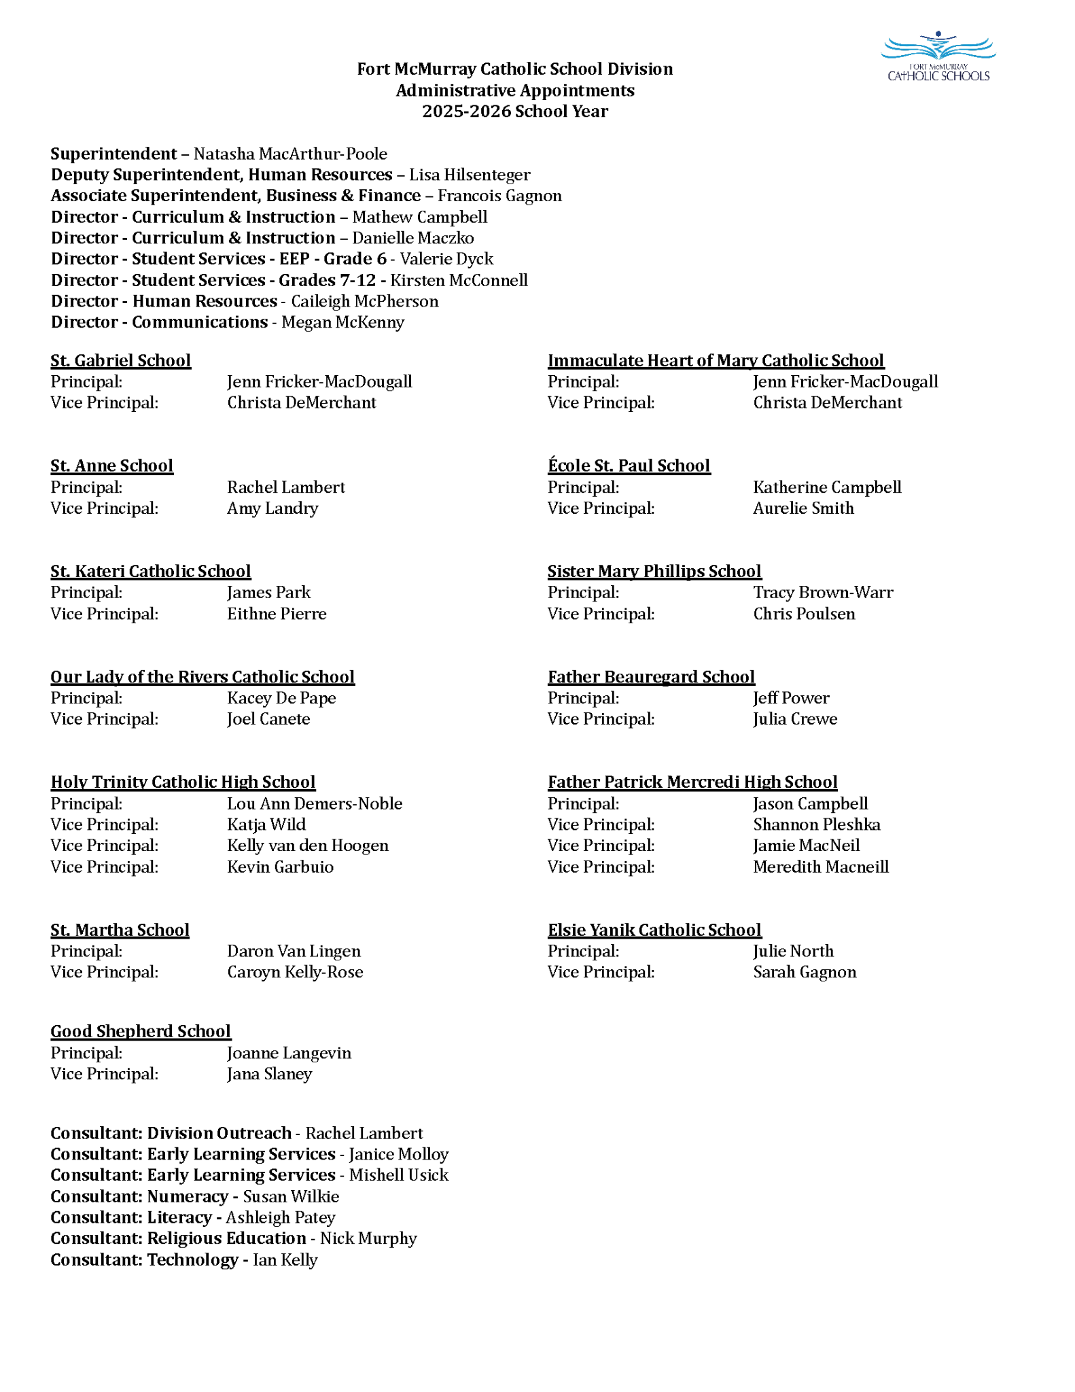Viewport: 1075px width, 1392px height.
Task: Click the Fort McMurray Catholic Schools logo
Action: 938,57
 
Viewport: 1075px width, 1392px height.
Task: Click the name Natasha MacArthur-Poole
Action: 290,154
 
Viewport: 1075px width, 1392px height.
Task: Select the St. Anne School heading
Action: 112,466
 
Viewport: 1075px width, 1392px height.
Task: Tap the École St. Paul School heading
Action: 629,466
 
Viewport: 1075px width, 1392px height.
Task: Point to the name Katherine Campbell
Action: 827,487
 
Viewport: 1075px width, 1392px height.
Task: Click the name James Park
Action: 268,593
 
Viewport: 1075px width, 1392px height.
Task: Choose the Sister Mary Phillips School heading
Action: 654,572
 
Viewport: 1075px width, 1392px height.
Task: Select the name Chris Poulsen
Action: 804,614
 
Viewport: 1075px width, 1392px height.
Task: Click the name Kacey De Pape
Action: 281,698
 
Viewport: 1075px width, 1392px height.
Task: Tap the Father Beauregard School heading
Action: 651,677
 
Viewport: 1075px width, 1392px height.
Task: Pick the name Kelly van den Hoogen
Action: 308,846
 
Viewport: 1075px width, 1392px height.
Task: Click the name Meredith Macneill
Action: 821,867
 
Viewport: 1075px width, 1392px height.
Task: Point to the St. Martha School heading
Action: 120,930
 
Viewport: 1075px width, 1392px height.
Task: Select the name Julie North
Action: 793,951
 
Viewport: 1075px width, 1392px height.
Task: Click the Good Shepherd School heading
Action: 141,1031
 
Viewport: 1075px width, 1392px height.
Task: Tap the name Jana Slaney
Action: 269,1074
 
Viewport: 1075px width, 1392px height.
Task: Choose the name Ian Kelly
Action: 285,1260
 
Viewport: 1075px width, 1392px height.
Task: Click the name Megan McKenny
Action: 342,322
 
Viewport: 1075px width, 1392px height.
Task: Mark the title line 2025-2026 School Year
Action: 514,111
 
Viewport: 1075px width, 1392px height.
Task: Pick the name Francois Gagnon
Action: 499,196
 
